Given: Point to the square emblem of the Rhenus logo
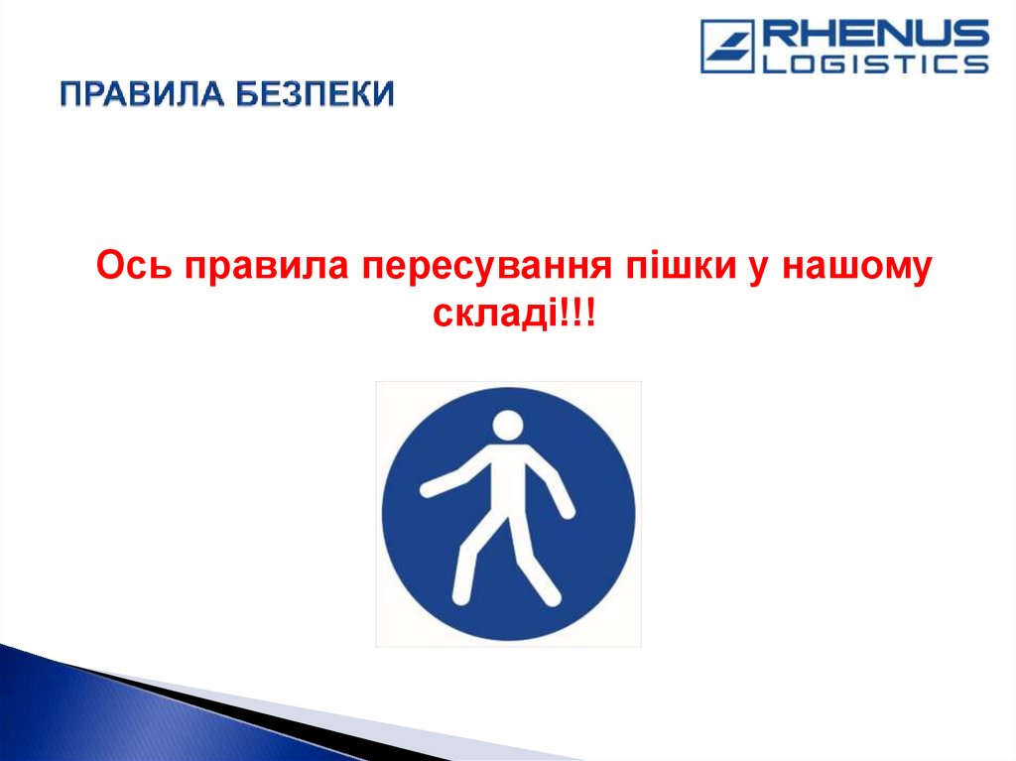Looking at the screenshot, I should coord(727,47).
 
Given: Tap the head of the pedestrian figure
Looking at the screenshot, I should coord(508,427).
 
